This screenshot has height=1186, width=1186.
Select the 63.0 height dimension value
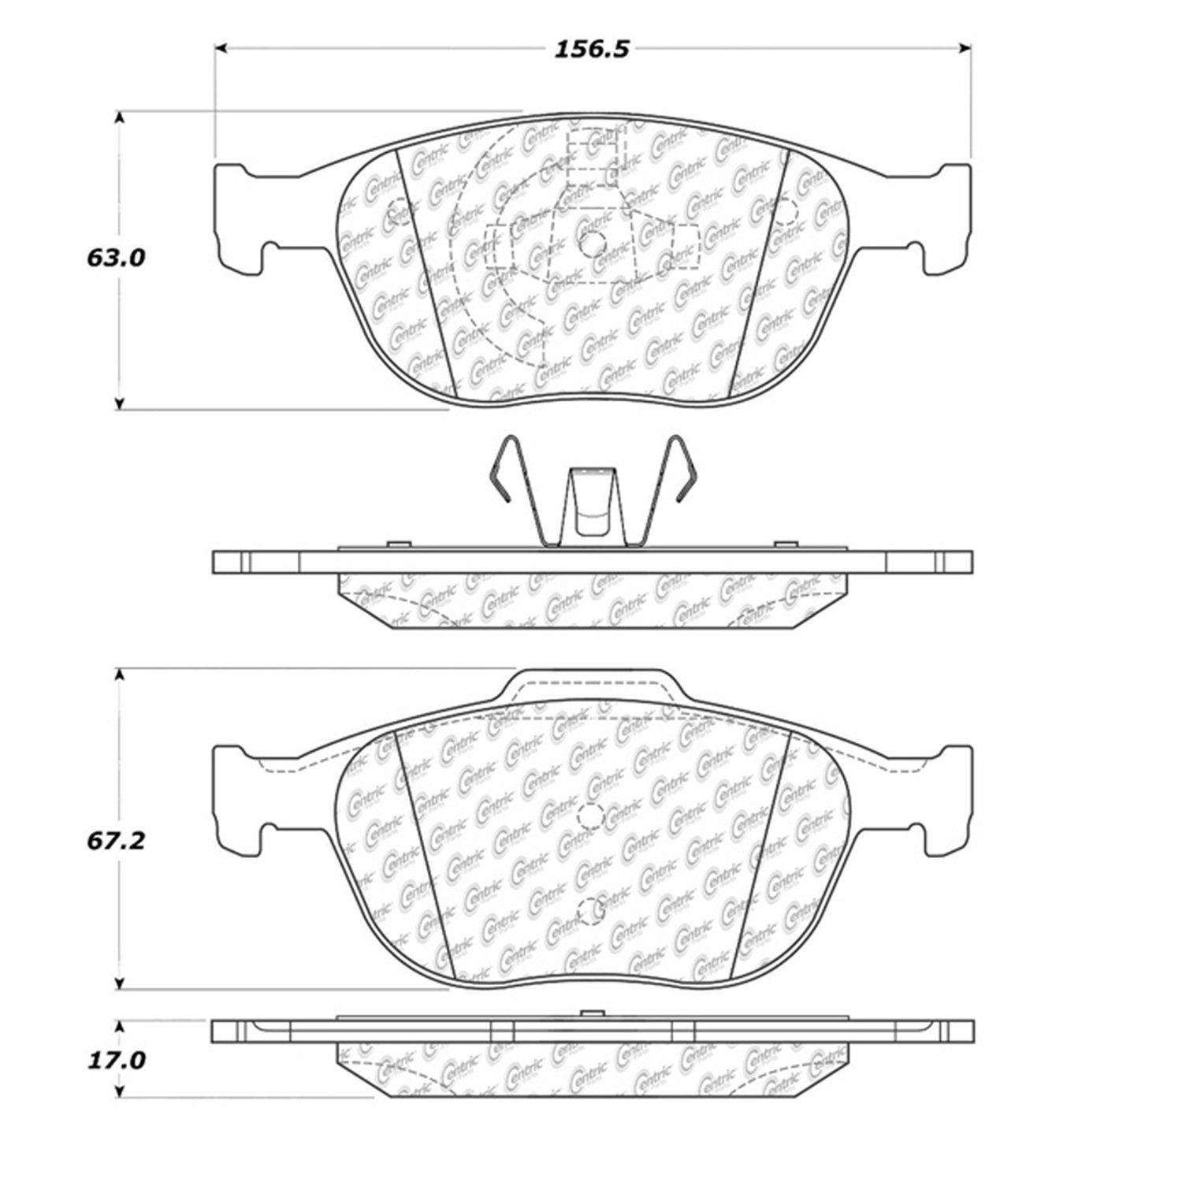tap(115, 258)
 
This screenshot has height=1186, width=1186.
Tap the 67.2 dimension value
tap(115, 842)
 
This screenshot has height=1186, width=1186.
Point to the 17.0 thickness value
tap(115, 1061)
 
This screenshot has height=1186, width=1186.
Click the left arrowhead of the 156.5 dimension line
tap(222, 49)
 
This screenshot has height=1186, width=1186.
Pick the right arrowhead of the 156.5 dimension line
tap(963, 49)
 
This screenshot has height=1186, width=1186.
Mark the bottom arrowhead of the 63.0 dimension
tap(119, 403)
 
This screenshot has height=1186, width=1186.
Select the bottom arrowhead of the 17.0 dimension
tap(119, 1090)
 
